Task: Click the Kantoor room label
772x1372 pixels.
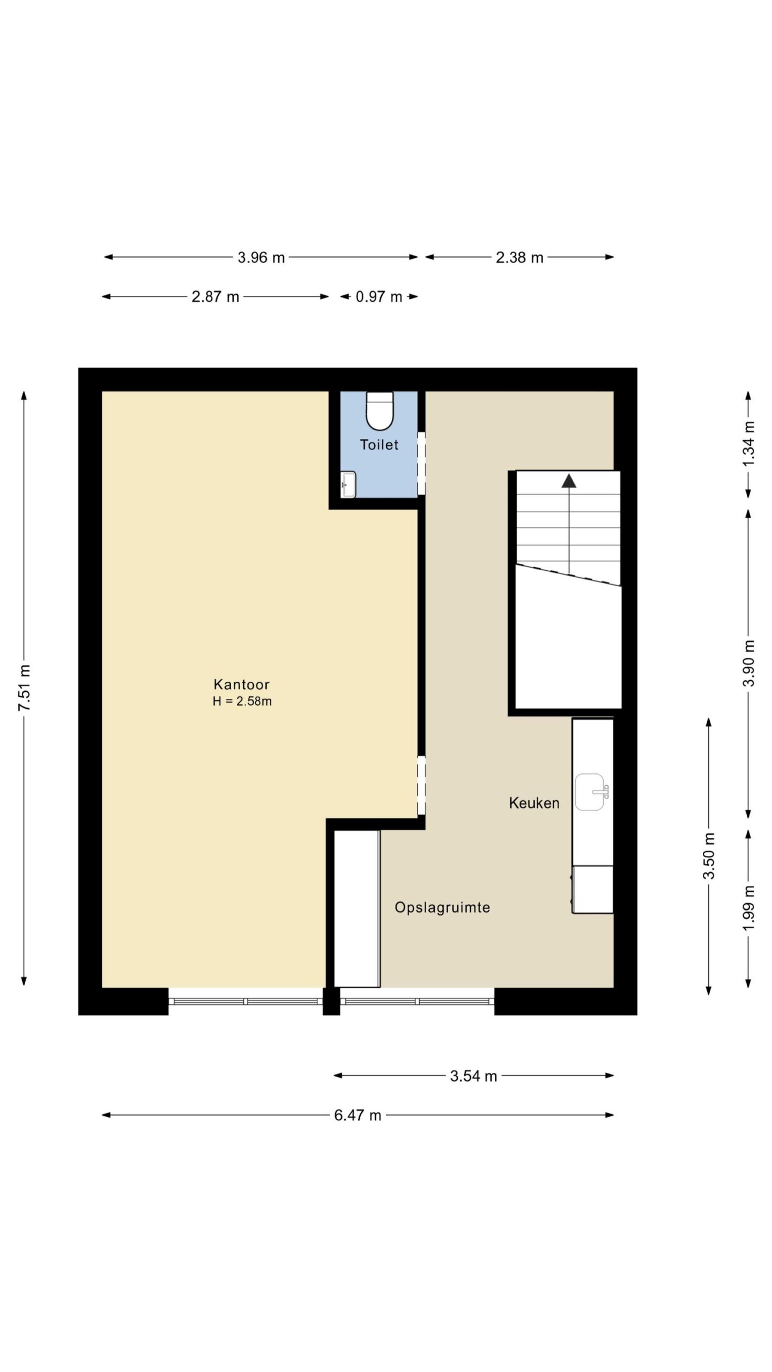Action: click(241, 684)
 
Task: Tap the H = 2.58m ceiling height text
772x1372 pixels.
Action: click(242, 702)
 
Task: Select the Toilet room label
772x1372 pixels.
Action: click(379, 445)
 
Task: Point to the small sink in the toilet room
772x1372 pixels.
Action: click(348, 484)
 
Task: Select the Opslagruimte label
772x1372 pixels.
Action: click(442, 908)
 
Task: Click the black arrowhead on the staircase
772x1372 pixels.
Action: click(569, 481)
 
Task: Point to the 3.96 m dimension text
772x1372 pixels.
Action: click(261, 258)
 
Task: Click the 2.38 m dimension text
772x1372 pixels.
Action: click(519, 258)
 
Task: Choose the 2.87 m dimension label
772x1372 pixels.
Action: click(216, 297)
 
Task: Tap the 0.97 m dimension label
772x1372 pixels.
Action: click(379, 297)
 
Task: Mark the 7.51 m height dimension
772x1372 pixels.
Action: click(25, 688)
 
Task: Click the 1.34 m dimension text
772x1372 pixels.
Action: click(749, 444)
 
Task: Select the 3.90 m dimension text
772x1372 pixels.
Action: click(749, 663)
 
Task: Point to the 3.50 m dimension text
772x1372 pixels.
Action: click(709, 856)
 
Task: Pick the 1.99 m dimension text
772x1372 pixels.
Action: click(749, 908)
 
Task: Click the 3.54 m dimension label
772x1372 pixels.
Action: click(473, 1076)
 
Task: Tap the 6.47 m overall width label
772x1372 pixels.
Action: click(358, 1116)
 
